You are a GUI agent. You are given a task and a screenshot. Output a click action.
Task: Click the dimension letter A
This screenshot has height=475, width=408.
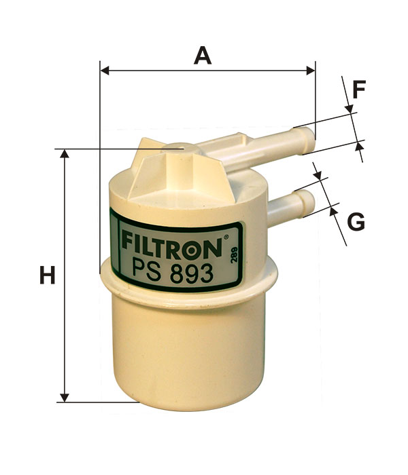coord(203,56)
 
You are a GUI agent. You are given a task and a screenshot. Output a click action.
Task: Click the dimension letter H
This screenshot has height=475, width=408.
coord(48,275)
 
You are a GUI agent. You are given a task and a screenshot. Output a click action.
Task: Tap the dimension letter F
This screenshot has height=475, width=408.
coord(359,90)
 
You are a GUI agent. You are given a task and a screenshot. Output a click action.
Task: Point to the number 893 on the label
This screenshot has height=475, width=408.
coord(191,273)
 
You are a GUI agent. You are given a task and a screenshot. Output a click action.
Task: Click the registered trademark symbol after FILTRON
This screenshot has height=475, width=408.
coord(226,237)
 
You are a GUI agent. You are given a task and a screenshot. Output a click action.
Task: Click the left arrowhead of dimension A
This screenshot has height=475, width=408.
coord(105,71)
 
